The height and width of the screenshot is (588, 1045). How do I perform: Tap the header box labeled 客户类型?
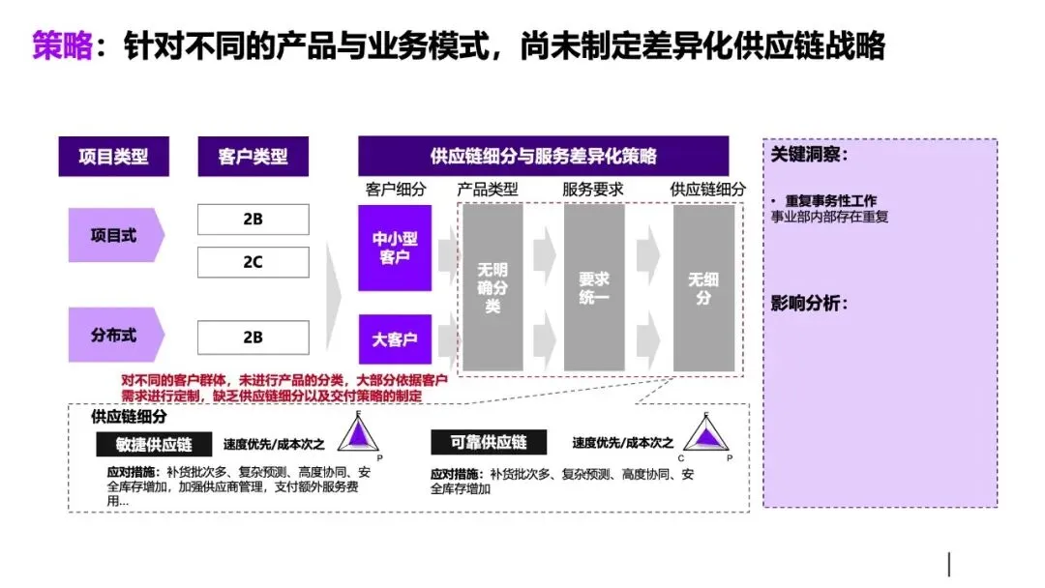(x=254, y=156)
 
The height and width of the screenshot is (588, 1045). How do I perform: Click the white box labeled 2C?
(x=253, y=262)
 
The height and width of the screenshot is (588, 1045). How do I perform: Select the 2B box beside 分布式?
(x=253, y=338)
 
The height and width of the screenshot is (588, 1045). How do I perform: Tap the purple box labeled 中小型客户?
(x=395, y=248)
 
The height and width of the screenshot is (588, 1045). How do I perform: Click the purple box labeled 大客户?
(x=395, y=339)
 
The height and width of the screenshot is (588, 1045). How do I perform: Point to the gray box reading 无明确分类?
(x=493, y=287)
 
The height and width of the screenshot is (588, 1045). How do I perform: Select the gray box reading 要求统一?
(x=594, y=287)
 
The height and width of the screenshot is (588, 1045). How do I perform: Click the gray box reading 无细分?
(x=703, y=287)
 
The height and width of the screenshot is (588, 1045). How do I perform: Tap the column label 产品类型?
(x=488, y=190)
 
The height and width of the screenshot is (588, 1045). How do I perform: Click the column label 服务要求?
(x=593, y=190)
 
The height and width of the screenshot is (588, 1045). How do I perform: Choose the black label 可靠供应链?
(x=489, y=442)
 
